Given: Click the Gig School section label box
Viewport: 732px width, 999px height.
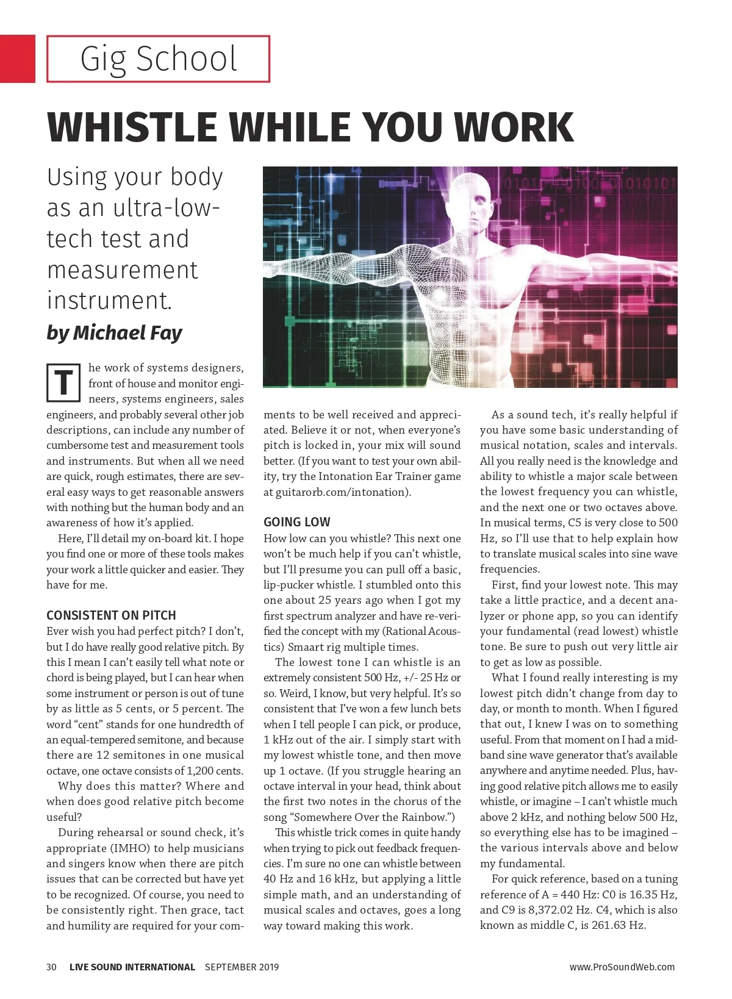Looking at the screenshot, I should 158,59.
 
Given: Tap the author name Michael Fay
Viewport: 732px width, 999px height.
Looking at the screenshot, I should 127,333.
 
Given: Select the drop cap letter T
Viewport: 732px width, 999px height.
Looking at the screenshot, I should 63,383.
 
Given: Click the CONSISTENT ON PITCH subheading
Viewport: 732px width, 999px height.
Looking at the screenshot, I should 111,615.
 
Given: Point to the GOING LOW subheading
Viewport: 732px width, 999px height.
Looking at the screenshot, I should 296,522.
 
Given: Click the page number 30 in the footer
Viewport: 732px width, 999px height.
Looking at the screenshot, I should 51,967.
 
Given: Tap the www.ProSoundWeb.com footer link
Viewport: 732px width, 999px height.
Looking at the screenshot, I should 622,967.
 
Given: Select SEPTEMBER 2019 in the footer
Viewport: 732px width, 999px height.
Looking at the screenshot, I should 242,967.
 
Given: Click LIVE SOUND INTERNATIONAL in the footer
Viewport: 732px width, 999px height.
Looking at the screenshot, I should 132,967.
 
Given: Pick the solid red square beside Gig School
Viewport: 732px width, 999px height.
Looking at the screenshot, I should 17,59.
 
